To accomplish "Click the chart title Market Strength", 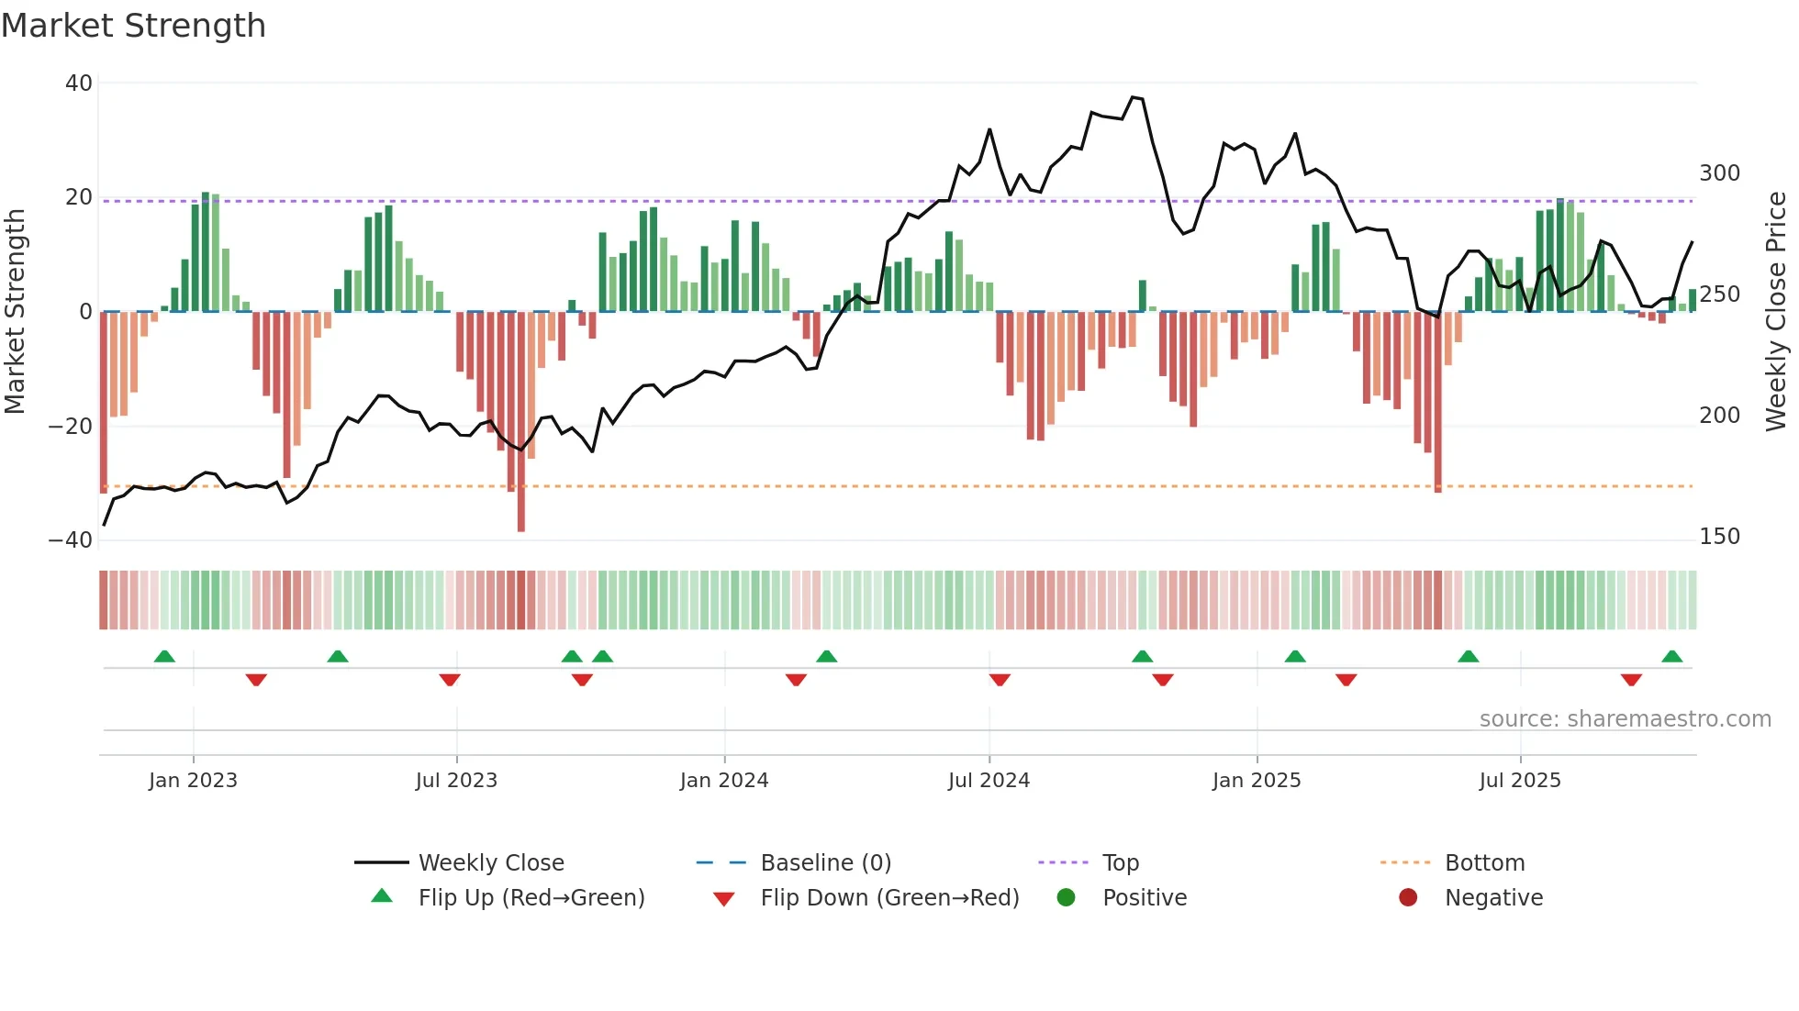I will (x=134, y=26).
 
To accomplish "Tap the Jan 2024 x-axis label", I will (x=724, y=781).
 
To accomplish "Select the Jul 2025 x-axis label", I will (x=1520, y=781).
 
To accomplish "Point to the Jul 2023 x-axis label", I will (x=456, y=781).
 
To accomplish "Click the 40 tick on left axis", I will (x=79, y=83).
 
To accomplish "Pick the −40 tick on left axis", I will (x=72, y=540).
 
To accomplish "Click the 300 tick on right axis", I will (x=1719, y=173).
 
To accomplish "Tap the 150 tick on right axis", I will (x=1719, y=537).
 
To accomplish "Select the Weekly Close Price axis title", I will (x=1776, y=312).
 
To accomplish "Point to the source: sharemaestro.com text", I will (x=1625, y=719).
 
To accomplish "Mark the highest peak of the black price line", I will (x=1134, y=97).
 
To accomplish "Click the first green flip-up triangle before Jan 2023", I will (x=164, y=657).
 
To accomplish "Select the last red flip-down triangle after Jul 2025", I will (x=1631, y=680).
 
